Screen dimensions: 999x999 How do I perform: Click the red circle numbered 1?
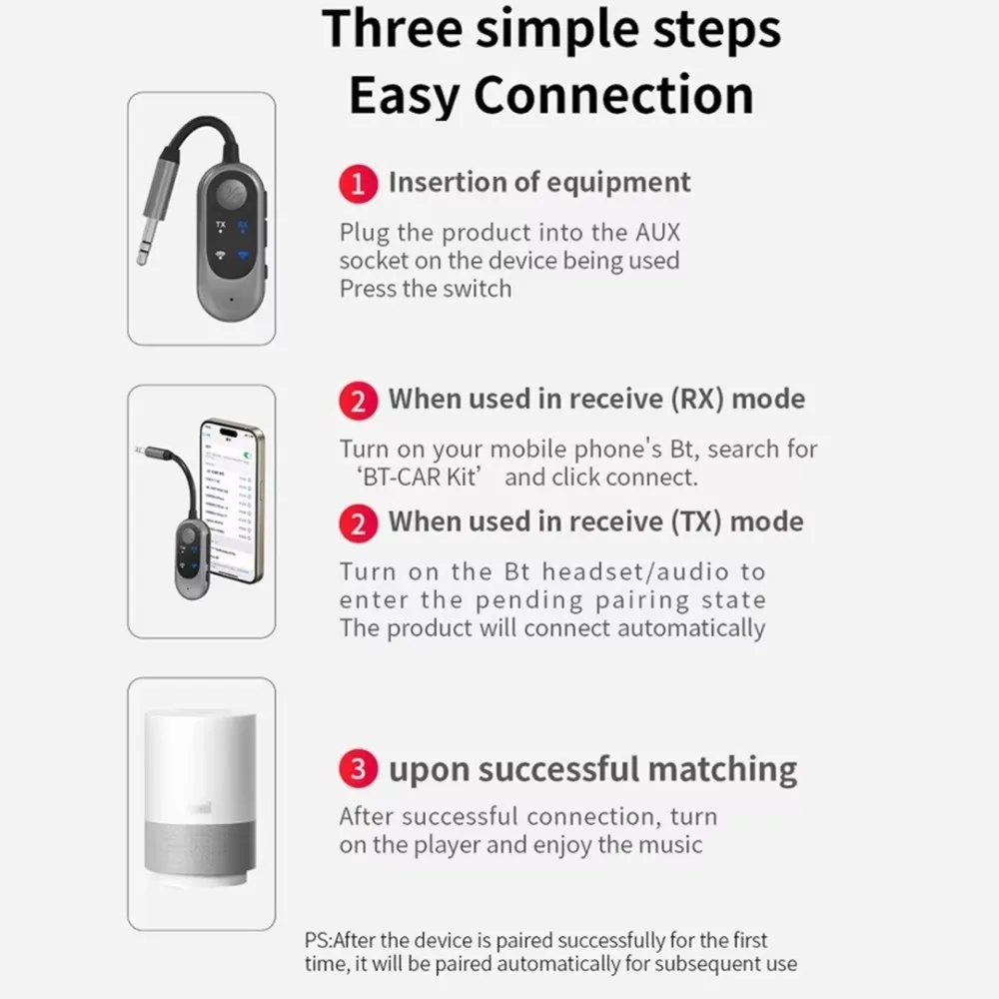click(359, 184)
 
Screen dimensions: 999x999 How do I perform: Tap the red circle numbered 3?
click(359, 770)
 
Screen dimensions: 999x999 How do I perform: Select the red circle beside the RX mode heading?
click(359, 400)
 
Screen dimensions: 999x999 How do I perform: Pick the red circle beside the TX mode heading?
click(359, 522)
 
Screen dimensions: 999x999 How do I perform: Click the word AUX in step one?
click(656, 233)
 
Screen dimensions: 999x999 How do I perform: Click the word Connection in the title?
click(613, 96)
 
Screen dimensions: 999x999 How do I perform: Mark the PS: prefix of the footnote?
click(319, 940)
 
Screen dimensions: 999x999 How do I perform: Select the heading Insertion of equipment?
click(539, 183)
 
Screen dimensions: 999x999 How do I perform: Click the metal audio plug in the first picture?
click(150, 230)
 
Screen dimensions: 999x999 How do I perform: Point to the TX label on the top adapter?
click(220, 225)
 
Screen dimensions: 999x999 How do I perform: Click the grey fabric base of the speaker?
click(200, 849)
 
